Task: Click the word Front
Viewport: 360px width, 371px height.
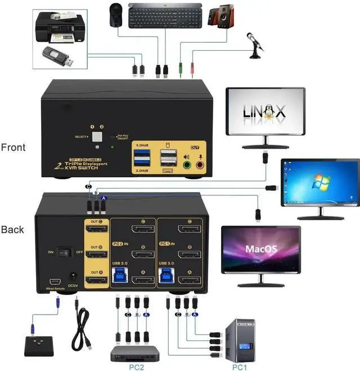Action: click(x=13, y=147)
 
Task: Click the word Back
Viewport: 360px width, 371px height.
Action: click(x=12, y=230)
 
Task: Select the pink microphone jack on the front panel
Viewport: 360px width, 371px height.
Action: click(x=200, y=165)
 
